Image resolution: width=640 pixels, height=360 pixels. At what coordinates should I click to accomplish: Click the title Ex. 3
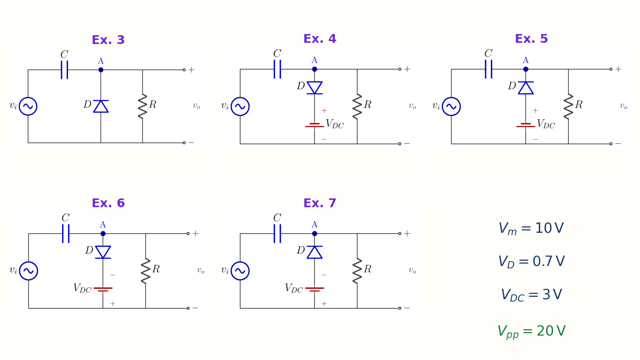[x=108, y=40]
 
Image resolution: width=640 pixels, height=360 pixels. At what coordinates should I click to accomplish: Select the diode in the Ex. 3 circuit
[x=101, y=106]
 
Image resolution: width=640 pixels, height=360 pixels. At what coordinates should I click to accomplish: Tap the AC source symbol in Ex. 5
[x=451, y=106]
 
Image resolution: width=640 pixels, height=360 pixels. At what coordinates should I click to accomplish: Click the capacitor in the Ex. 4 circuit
[x=277, y=69]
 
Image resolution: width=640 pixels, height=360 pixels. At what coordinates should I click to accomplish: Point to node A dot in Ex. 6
[x=103, y=234]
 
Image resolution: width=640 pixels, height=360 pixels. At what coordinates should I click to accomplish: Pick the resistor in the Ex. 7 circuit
[x=357, y=271]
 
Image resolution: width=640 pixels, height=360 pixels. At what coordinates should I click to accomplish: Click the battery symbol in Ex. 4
[x=314, y=125]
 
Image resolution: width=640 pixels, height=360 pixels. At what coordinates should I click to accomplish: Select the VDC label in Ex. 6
[x=82, y=288]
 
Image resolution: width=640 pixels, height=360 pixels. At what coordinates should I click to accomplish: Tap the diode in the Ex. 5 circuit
[x=526, y=88]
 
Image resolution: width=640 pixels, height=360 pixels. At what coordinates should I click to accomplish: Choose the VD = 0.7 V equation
[x=531, y=262]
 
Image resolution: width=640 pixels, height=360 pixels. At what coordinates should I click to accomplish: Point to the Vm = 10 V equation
[x=531, y=228]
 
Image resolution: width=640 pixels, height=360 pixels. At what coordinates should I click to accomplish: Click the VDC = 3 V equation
[x=531, y=294]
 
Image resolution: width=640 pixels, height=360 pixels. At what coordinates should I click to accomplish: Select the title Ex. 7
[x=320, y=203]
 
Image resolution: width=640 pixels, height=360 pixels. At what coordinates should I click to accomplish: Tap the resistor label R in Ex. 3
[x=153, y=104]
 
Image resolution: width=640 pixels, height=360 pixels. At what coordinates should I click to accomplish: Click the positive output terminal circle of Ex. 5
[x=611, y=69]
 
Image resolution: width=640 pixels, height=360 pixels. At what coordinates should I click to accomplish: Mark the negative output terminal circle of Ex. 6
[x=188, y=308]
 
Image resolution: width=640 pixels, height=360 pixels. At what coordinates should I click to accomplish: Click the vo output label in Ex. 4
[x=412, y=106]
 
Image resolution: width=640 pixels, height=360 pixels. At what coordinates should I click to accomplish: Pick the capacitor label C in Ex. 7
[x=277, y=218]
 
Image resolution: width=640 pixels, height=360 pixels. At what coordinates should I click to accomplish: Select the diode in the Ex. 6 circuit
[x=103, y=252]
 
